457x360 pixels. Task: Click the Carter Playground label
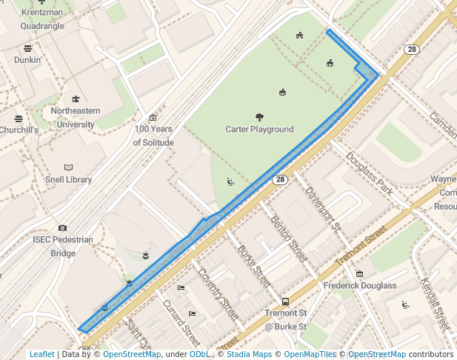[x=259, y=130]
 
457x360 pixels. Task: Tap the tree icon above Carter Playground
[x=259, y=117]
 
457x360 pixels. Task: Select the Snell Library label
[x=68, y=179]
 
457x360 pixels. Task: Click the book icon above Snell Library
[x=69, y=167]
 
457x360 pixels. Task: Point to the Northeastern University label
[x=75, y=118]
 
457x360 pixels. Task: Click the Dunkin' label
[x=27, y=59]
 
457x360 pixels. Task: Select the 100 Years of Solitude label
[x=153, y=136]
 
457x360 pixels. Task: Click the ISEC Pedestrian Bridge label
[x=63, y=246]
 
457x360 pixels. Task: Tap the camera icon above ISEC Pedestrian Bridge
[x=62, y=228]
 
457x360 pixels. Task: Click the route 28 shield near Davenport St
[x=279, y=179]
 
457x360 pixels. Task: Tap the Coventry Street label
[x=215, y=293]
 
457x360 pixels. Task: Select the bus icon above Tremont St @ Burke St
[x=285, y=302]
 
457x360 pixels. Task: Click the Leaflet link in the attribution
[x=42, y=354]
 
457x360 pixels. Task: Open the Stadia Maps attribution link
[x=249, y=354]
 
